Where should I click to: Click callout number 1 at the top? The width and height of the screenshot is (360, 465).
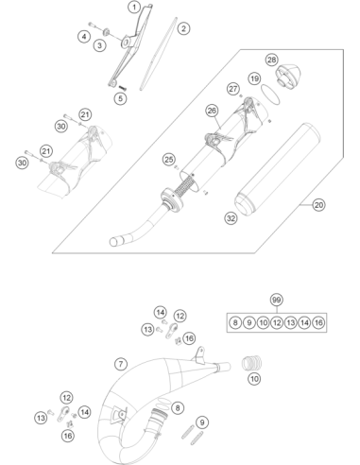134,7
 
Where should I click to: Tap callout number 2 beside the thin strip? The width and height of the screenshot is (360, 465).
183,28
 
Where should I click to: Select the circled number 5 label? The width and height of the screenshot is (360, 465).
120,98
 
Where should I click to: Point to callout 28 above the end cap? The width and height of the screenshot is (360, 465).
271,60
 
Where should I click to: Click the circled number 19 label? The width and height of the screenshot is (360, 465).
255,78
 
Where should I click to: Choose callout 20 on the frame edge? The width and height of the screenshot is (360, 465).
318,205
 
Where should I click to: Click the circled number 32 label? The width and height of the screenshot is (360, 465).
231,218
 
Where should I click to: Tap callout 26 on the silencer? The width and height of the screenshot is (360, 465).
212,111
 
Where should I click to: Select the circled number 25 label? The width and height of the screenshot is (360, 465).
169,160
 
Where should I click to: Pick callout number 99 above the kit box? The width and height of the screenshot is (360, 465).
276,300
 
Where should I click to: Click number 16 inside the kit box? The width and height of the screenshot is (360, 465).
318,322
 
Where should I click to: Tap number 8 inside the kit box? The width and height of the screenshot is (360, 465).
235,322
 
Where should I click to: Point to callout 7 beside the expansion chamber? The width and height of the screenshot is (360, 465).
121,364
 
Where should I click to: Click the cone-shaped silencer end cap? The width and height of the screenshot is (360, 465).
288,75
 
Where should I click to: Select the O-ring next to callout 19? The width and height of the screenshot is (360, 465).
270,94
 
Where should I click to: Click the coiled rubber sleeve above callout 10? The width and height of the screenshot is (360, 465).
251,363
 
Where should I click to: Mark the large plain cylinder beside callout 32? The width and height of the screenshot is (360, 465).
278,169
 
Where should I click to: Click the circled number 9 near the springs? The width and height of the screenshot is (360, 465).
202,422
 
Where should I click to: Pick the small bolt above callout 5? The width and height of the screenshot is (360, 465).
122,87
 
